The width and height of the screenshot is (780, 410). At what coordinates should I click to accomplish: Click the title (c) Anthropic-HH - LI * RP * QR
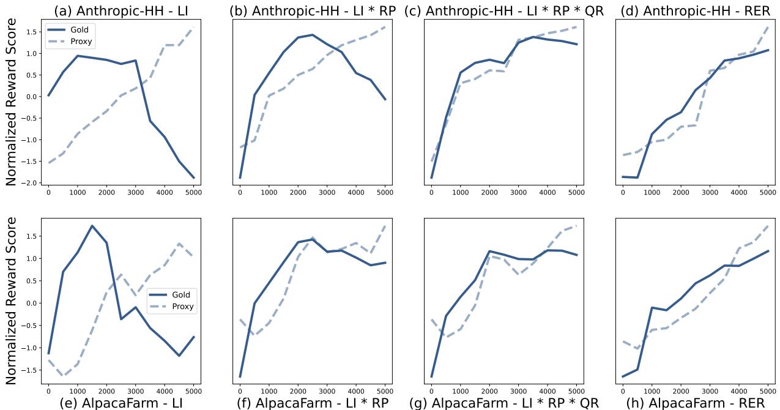pos(504,10)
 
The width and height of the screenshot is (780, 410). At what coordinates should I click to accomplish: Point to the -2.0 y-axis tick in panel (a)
pos(33,183)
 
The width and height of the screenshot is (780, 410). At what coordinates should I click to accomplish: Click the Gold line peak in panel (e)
pos(92,226)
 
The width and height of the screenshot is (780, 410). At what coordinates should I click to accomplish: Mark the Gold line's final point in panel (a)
pos(193,178)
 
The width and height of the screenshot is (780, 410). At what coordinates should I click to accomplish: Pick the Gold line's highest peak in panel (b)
pos(312,35)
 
